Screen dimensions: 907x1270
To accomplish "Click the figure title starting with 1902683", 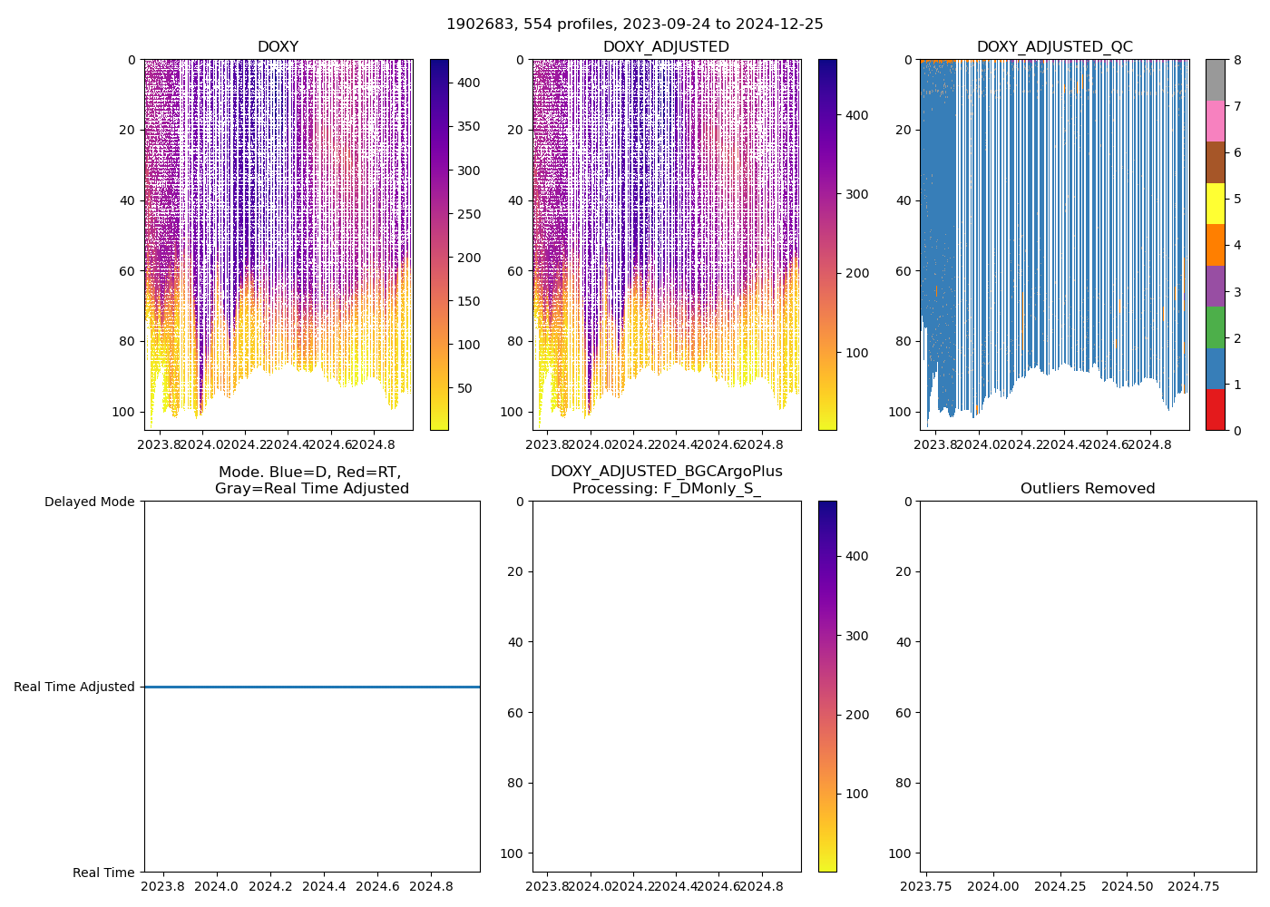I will [x=634, y=24].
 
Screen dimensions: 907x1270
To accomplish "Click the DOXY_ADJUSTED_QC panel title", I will [x=1054, y=47].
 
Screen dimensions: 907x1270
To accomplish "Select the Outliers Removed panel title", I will [x=1088, y=489].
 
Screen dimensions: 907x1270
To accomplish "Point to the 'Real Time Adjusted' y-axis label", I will [x=73, y=688].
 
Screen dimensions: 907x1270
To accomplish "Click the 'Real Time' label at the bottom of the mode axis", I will [x=103, y=873].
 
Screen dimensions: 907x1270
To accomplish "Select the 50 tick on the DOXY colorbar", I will [x=464, y=388].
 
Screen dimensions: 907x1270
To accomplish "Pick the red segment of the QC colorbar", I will [x=1215, y=409].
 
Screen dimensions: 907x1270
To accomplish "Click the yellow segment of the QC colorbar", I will [x=1215, y=203].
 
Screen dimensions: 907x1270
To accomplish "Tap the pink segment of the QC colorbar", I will [x=1215, y=121].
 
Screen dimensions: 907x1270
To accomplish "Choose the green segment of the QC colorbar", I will [x=1215, y=327].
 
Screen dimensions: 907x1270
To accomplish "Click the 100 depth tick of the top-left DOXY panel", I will [x=125, y=412].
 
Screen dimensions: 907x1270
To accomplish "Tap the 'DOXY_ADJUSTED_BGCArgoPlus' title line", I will [x=666, y=472].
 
